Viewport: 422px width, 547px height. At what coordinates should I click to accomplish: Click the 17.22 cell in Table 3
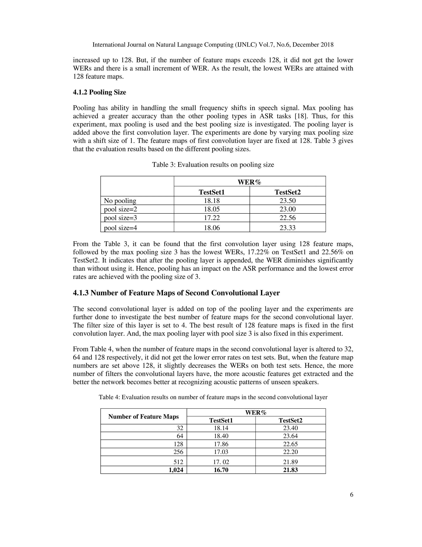click(x=212, y=218)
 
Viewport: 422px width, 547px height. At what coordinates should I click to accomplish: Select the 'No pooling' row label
click(x=120, y=201)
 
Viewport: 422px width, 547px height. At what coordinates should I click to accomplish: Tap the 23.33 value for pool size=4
click(x=287, y=228)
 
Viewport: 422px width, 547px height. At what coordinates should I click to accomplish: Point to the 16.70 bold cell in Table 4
click(x=221, y=470)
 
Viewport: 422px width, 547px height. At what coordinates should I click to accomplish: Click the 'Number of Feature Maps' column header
click(x=143, y=417)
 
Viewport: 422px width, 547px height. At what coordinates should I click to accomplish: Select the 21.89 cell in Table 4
click(x=290, y=462)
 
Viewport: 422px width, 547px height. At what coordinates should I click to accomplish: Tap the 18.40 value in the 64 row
click(x=221, y=436)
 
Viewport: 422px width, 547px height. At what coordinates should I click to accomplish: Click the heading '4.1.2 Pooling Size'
click(x=99, y=92)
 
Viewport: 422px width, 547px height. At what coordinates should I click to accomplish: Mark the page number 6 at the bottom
click(x=352, y=495)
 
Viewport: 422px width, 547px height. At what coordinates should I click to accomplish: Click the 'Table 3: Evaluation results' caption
click(x=213, y=165)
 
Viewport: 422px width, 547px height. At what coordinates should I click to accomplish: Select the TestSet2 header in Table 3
click(x=287, y=192)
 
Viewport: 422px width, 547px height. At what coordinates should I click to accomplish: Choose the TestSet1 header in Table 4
click(x=221, y=420)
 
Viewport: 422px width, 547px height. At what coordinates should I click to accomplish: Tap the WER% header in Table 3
click(x=249, y=182)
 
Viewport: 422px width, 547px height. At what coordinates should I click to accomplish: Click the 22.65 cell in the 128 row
click(x=290, y=444)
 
